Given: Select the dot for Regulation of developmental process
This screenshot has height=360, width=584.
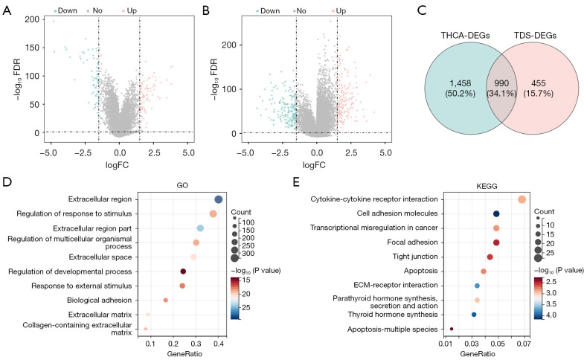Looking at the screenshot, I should [x=183, y=271].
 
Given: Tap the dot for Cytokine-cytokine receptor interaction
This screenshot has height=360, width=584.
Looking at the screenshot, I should [x=522, y=199].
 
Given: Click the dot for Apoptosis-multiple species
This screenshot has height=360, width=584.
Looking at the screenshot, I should [x=452, y=329].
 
